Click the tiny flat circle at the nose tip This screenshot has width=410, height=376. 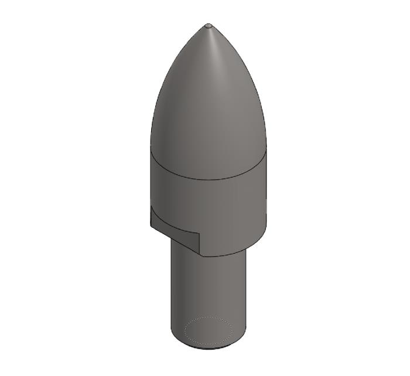point(209,25)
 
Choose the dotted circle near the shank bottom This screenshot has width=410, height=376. point(209,318)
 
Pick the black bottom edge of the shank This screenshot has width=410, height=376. point(209,349)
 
